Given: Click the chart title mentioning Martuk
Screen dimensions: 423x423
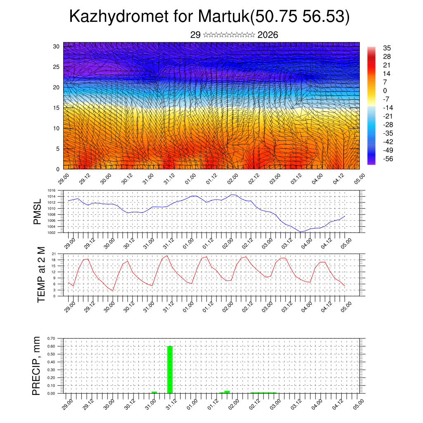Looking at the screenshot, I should coord(209,17).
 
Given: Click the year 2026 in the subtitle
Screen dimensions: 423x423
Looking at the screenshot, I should coord(268,35).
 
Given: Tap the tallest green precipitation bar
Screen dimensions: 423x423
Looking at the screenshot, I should coord(170,370).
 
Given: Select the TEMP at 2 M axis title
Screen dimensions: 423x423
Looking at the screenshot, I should coord(41,275).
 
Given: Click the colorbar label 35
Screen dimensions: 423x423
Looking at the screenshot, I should coord(387,48).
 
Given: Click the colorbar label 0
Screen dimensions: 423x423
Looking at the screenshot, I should coord(385,90).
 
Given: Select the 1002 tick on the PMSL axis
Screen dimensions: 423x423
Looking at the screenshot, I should coord(51,232).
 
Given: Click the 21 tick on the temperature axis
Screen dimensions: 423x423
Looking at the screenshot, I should coord(53,254).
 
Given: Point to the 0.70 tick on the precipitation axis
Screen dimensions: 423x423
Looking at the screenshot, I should coord(51,338).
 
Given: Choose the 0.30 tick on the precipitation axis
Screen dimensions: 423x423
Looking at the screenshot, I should coord(51,370).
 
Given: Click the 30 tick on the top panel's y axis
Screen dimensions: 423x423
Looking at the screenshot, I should coord(56,46).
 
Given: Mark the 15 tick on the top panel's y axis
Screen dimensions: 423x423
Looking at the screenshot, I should coord(56,108).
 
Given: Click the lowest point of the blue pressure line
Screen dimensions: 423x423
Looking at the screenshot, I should coord(301,232).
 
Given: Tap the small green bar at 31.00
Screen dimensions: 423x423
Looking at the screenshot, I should coord(154,392).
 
